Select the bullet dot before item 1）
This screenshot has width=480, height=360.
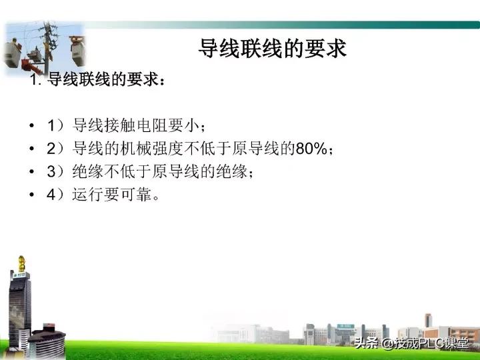click(x=33, y=126)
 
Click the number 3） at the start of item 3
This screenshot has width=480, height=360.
click(x=57, y=172)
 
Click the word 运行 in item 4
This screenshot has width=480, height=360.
click(x=85, y=195)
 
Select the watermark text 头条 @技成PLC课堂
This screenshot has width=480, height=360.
click(x=411, y=344)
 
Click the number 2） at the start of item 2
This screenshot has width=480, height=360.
click(x=57, y=149)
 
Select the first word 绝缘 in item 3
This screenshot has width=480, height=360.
click(x=85, y=172)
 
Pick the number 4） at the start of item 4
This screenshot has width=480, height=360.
click(x=57, y=195)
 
